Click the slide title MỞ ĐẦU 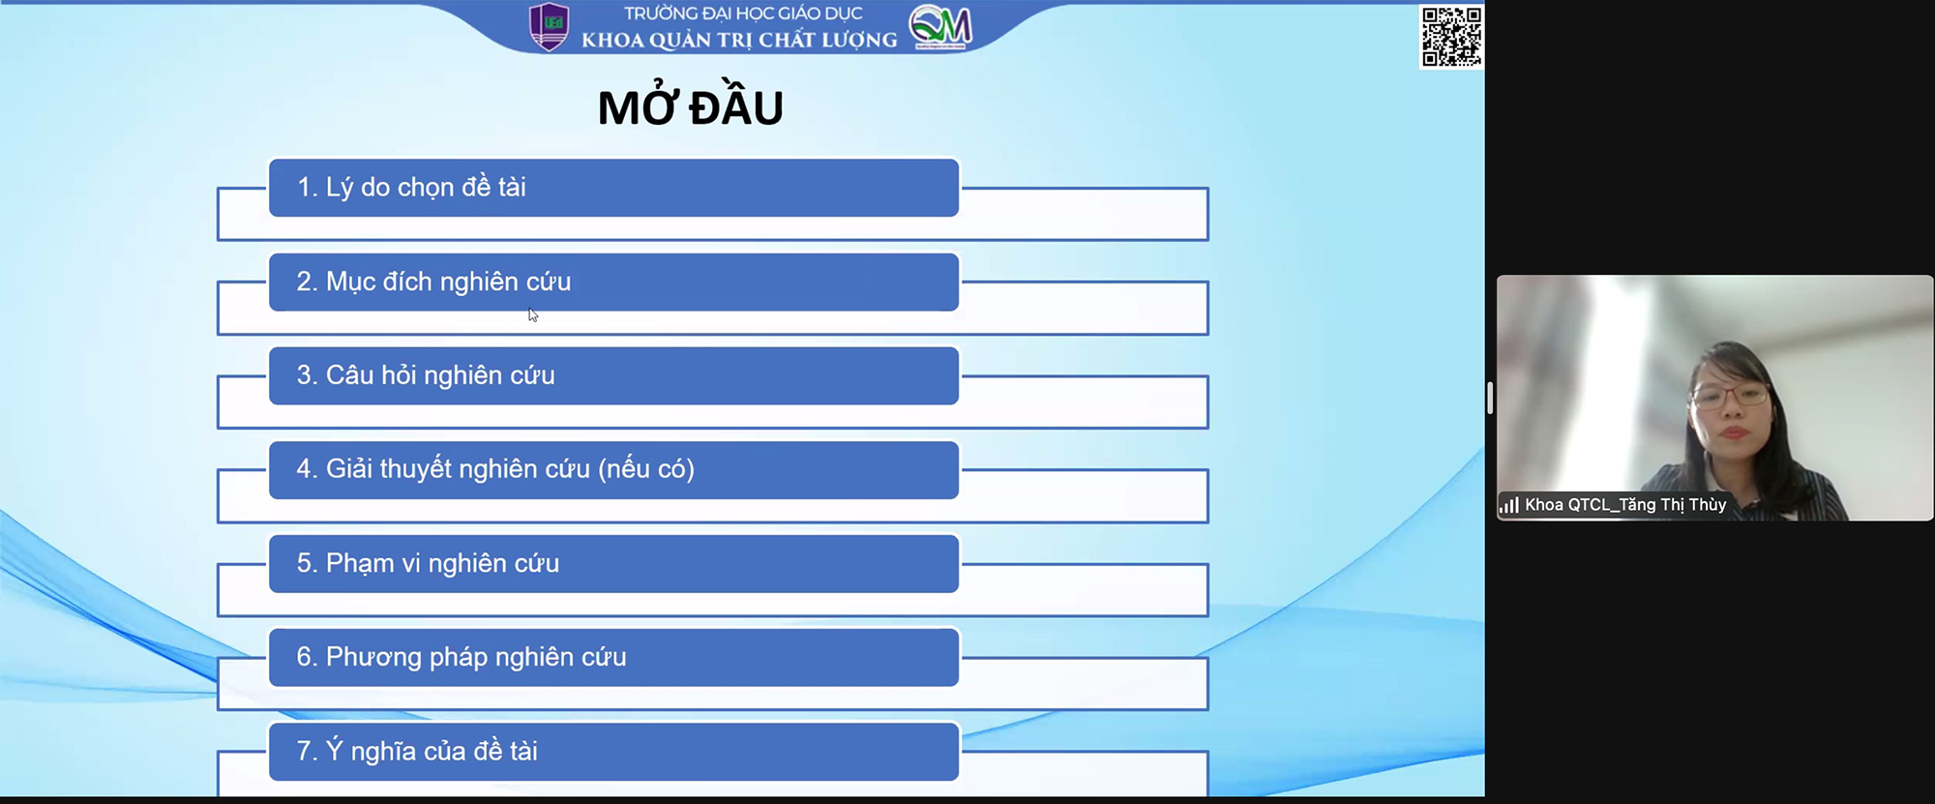pyautogui.click(x=690, y=106)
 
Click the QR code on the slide pyautogui.click(x=1451, y=37)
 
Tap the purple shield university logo pyautogui.click(x=550, y=27)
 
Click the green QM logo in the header pyautogui.click(x=940, y=27)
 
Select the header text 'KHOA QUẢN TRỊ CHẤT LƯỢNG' pyautogui.click(x=739, y=40)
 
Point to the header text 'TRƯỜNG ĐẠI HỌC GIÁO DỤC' pyautogui.click(x=743, y=14)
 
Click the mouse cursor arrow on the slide pyautogui.click(x=533, y=314)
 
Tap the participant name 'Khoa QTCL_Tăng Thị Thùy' pyautogui.click(x=1625, y=505)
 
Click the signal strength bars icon pyautogui.click(x=1509, y=505)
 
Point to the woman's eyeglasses pyautogui.click(x=1729, y=394)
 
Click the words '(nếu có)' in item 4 pyautogui.click(x=646, y=469)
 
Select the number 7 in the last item pyautogui.click(x=304, y=751)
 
